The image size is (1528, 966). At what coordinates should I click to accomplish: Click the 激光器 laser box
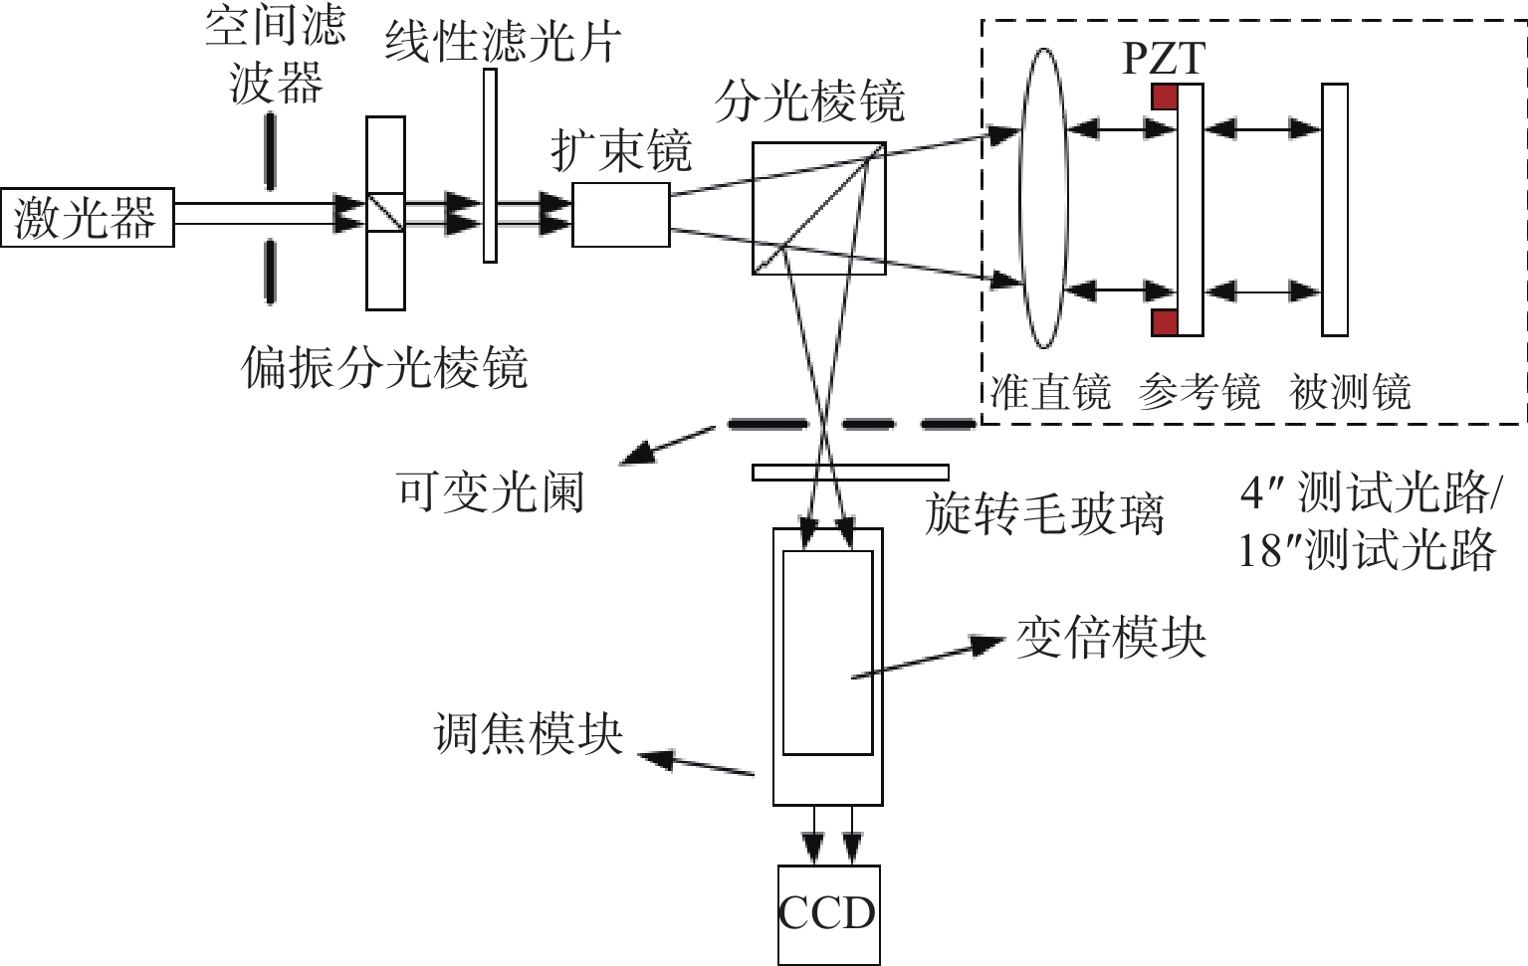click(87, 217)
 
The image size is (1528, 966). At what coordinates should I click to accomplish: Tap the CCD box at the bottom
click(828, 913)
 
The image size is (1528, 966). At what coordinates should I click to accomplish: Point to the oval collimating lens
click(1042, 199)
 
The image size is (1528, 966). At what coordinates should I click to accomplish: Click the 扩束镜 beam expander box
click(620, 214)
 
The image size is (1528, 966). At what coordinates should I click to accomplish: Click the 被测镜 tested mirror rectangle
click(1335, 210)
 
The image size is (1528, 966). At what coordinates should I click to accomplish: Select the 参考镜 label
click(1200, 392)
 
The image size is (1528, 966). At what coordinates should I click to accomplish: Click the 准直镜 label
click(1051, 392)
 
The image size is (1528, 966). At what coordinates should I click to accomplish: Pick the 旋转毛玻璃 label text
click(1044, 514)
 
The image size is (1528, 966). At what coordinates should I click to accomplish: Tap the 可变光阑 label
click(490, 491)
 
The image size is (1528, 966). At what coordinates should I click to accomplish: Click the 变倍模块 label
click(1111, 638)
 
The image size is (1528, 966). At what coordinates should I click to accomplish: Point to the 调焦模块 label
click(529, 734)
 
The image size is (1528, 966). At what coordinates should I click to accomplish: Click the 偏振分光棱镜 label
click(384, 368)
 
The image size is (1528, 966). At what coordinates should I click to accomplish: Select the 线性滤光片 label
click(503, 43)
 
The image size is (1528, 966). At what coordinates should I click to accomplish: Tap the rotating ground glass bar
click(850, 473)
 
